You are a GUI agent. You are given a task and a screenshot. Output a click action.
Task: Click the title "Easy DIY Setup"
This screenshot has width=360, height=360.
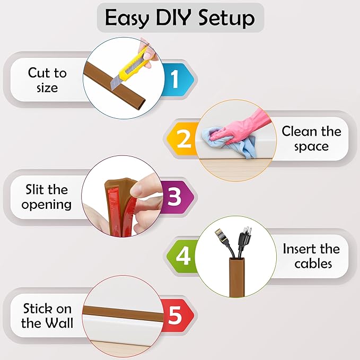[x=180, y=18]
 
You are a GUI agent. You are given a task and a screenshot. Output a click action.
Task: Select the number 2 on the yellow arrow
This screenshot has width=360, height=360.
[x=183, y=139]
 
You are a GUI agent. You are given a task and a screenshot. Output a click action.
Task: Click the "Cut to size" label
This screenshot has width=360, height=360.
[x=47, y=80]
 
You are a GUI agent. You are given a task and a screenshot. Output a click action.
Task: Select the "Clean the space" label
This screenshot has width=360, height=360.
[x=311, y=138]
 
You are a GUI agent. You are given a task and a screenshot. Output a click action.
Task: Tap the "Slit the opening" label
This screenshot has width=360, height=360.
[x=47, y=197]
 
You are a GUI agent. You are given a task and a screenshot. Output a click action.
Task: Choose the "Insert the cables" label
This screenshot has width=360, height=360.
[x=311, y=256]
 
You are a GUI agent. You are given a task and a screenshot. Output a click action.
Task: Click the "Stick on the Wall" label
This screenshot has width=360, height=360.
[x=47, y=315]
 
